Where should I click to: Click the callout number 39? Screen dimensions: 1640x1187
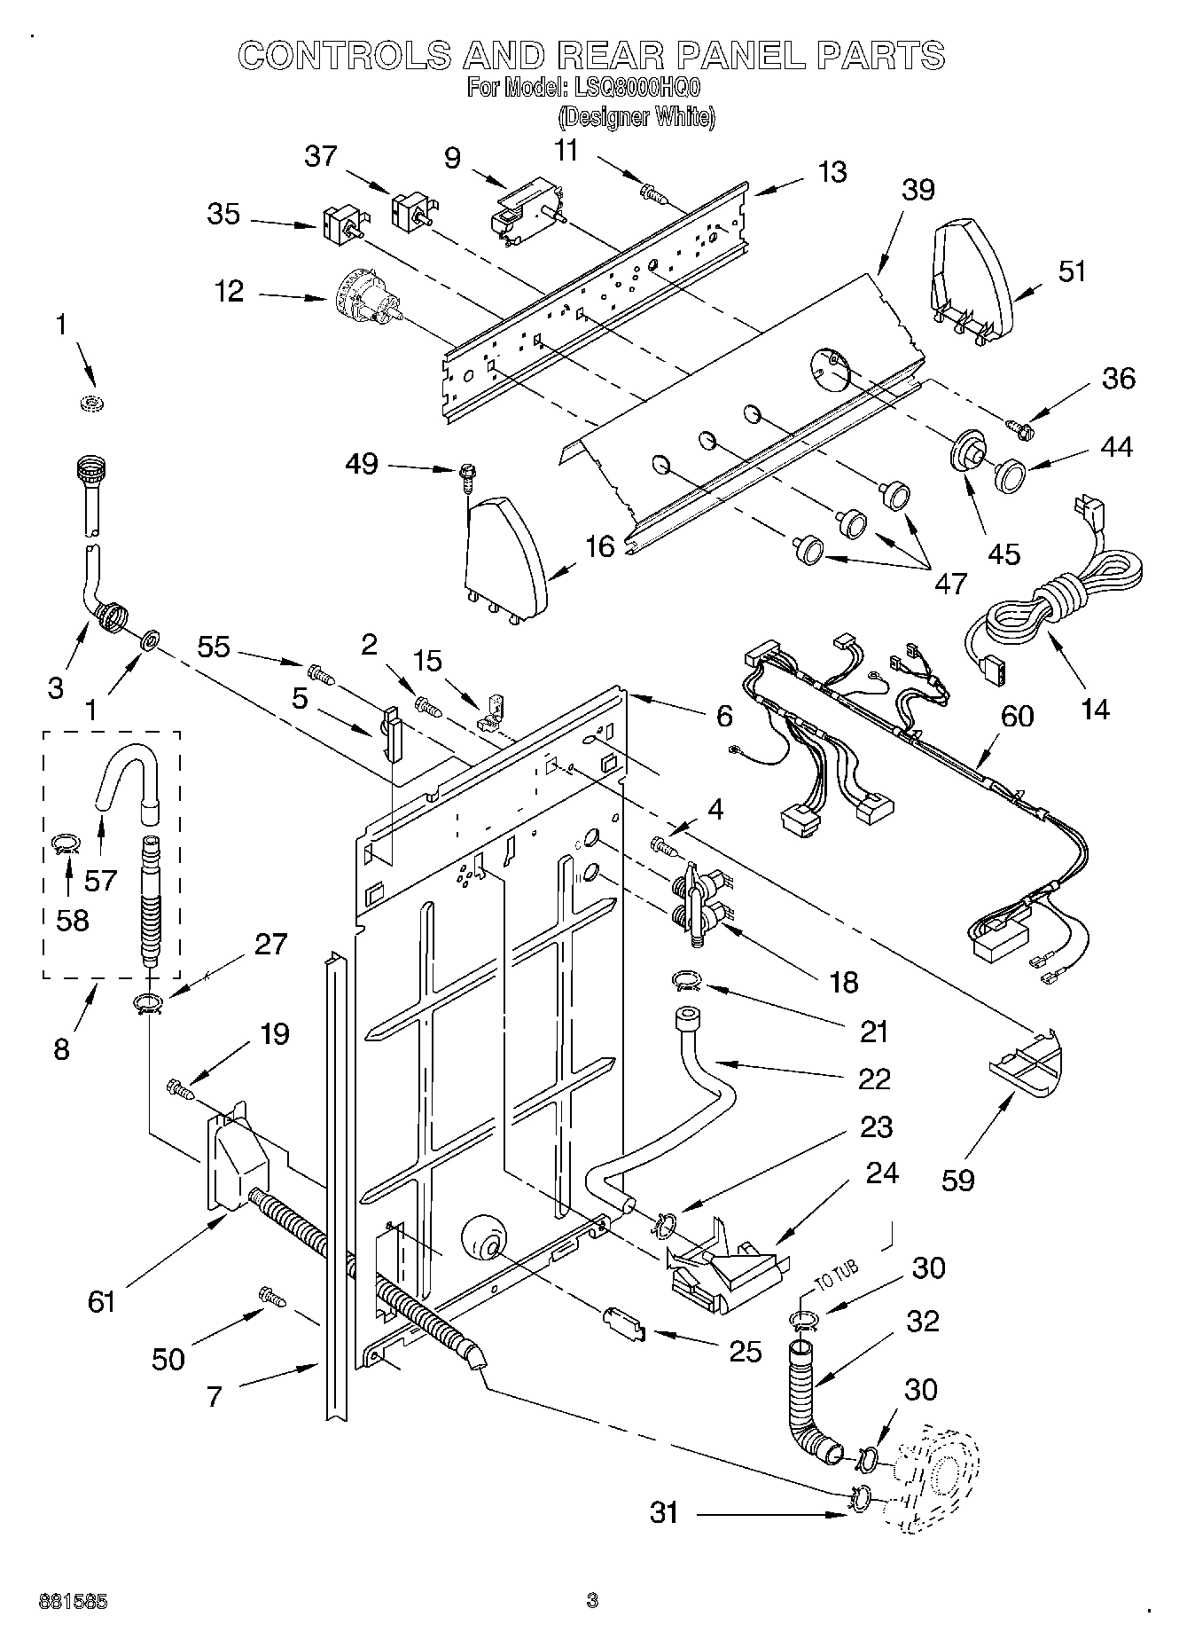[x=918, y=190]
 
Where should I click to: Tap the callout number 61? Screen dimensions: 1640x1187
[x=103, y=1300]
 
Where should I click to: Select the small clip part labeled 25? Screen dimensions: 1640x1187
[x=623, y=1322]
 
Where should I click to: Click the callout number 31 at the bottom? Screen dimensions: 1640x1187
[x=664, y=1512]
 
